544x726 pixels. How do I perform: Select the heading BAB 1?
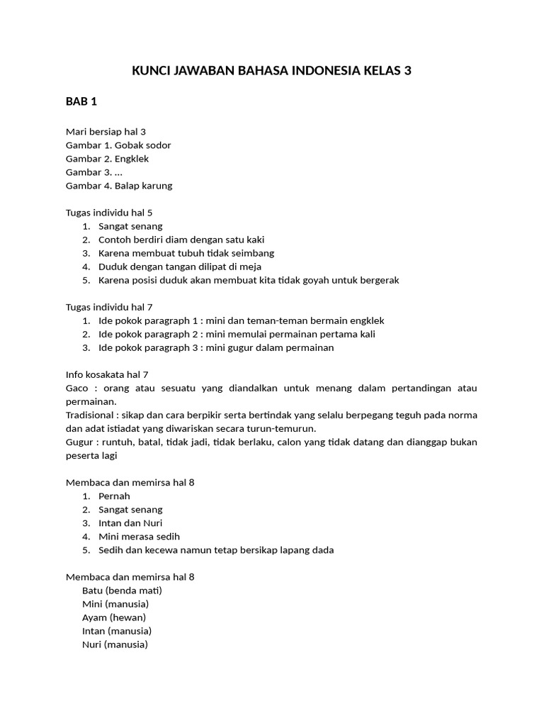click(81, 101)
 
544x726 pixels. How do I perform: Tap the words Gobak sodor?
click(147, 145)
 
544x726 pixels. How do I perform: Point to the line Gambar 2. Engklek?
click(108, 159)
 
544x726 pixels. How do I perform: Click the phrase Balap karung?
click(148, 186)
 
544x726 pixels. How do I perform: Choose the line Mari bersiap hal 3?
click(106, 132)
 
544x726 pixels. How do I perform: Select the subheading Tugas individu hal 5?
click(109, 213)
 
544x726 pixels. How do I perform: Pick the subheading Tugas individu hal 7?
click(109, 307)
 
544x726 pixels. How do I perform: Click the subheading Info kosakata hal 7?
click(107, 374)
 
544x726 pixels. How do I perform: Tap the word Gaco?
click(76, 388)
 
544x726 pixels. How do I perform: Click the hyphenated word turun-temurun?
click(282, 428)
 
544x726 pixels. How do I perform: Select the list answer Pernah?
click(115, 496)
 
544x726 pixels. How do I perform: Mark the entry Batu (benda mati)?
click(123, 591)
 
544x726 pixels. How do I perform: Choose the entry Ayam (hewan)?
click(114, 618)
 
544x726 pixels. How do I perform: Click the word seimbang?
click(254, 253)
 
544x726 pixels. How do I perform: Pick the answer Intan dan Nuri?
click(131, 523)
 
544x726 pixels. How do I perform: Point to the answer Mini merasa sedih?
click(140, 537)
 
